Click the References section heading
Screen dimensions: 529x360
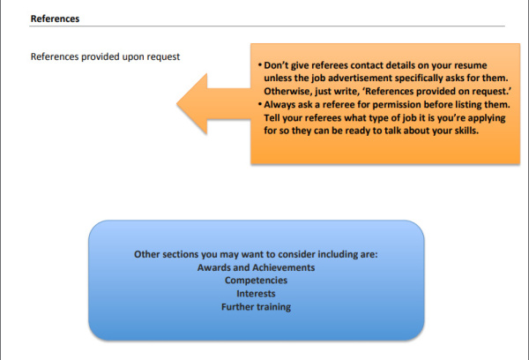(55, 19)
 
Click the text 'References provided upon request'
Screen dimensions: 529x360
(105, 56)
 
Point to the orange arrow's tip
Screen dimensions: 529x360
(177, 104)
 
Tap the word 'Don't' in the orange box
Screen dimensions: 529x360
(276, 65)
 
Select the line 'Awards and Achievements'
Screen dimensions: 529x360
(256, 267)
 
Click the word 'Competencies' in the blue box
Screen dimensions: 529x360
(256, 281)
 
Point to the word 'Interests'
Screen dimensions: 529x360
(256, 294)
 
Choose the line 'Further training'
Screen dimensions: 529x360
(256, 307)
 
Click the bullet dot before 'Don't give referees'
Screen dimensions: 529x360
(260, 64)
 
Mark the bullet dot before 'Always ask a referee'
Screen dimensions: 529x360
(260, 104)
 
